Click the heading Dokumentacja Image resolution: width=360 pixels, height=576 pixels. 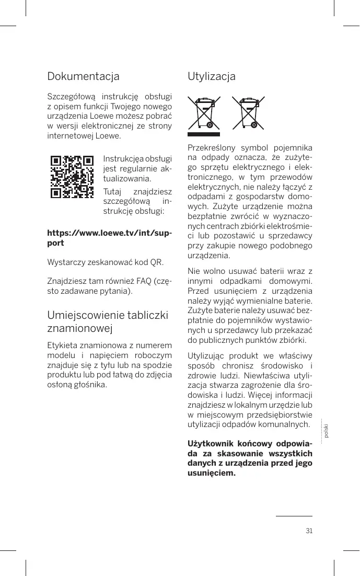[x=83, y=76]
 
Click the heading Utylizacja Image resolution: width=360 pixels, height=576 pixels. [x=211, y=77]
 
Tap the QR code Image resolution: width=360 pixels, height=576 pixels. [x=72, y=176]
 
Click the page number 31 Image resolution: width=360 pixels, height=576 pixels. [x=309, y=531]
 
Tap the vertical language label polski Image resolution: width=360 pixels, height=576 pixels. [x=326, y=432]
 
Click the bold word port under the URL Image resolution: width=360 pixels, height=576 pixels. [x=56, y=243]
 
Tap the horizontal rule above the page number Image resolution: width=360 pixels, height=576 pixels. [x=294, y=516]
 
